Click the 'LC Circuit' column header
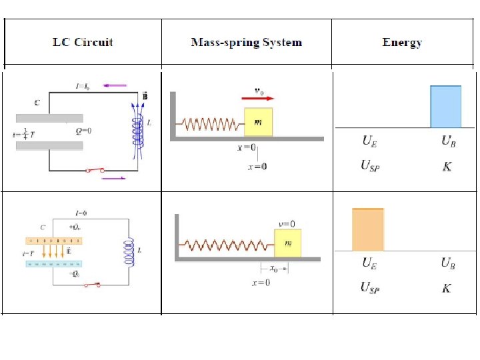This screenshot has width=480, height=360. (x=83, y=43)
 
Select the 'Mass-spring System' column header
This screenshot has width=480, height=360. (x=246, y=43)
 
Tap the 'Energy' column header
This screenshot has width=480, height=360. (x=402, y=43)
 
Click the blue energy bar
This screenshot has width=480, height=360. (x=445, y=107)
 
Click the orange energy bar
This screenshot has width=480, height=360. (x=368, y=229)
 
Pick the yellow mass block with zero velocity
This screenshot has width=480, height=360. (x=287, y=243)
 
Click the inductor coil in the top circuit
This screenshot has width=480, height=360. (x=138, y=133)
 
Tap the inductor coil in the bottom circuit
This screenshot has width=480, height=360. (x=125, y=250)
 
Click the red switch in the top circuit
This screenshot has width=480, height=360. (x=95, y=171)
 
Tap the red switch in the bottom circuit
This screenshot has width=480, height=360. (x=93, y=285)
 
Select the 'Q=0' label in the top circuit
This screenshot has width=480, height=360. (x=84, y=131)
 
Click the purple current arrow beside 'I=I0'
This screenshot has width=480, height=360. (x=115, y=85)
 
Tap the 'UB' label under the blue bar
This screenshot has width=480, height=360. (x=448, y=141)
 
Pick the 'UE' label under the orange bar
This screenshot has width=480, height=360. (x=369, y=263)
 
